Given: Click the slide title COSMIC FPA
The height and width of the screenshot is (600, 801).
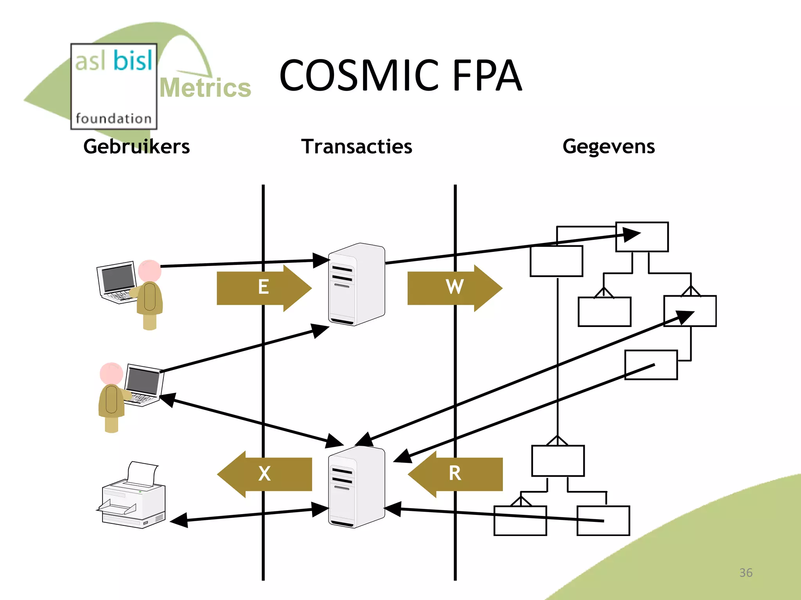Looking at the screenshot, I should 400,75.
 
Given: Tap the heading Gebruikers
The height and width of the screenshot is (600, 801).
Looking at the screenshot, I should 136,146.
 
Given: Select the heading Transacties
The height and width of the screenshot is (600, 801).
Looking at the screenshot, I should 356,146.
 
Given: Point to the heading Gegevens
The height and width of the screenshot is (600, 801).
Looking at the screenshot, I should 609,146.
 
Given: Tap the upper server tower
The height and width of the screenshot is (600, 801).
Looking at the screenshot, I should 356,284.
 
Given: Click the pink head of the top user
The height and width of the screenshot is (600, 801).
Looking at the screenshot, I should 149,271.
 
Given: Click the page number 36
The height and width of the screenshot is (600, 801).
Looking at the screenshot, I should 745,573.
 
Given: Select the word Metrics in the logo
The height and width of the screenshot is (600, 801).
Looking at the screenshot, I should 205,87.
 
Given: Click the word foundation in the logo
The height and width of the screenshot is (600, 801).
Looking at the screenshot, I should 113,118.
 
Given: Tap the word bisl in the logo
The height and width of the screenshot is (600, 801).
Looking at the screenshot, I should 133,61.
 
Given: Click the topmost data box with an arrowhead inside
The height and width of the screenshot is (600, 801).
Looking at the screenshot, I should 642,237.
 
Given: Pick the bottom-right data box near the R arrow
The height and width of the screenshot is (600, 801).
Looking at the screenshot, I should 603,521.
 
